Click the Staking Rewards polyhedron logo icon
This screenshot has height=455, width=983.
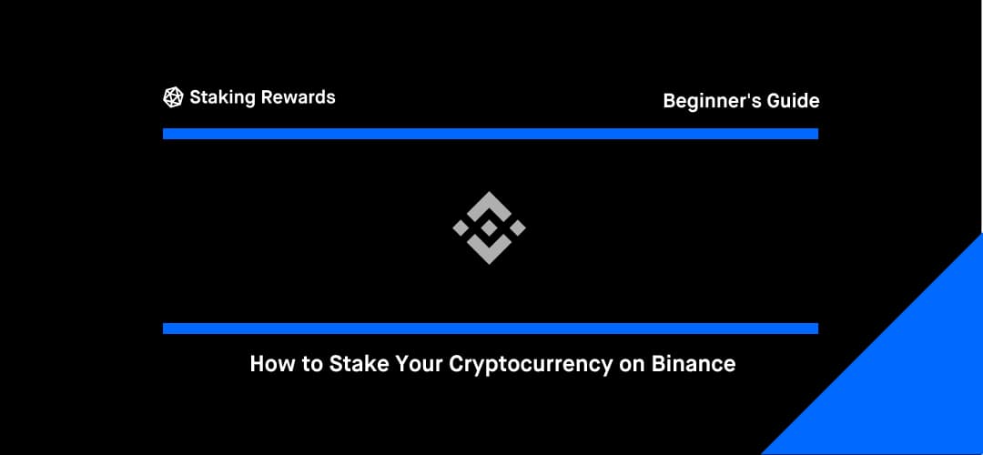pos(173,97)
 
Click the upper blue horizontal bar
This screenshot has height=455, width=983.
pos(491,134)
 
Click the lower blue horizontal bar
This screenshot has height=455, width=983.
pos(491,329)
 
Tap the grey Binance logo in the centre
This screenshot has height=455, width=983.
pos(489,228)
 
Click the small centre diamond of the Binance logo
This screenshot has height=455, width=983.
pos(489,228)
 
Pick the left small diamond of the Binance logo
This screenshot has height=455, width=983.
pos(461,228)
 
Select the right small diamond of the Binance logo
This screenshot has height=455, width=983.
pos(517,228)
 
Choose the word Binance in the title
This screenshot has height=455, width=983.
pos(694,364)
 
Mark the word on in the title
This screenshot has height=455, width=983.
pos(632,367)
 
